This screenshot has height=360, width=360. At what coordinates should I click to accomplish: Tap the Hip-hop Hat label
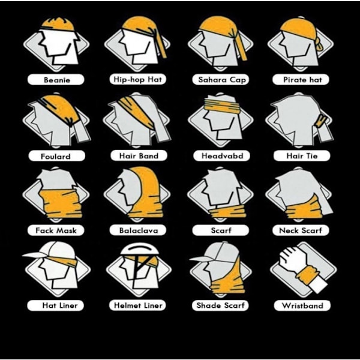point(138,79)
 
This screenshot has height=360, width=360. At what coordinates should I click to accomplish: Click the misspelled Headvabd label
point(221,155)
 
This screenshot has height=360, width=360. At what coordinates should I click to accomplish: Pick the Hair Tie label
point(302,156)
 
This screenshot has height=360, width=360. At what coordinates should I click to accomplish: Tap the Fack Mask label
point(56,230)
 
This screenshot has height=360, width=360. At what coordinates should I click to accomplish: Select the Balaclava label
point(138,230)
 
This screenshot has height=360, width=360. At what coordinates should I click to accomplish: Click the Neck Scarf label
point(301,230)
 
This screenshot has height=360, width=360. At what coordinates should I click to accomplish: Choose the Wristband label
point(302,305)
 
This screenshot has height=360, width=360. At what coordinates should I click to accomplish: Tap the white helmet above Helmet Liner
point(140,248)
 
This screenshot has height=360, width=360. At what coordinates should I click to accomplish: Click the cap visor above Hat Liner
point(34,254)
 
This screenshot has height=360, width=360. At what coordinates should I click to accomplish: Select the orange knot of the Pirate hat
point(319,44)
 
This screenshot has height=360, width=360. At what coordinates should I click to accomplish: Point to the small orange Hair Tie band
point(321,121)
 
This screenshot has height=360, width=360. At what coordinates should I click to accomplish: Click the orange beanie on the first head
point(58,24)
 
